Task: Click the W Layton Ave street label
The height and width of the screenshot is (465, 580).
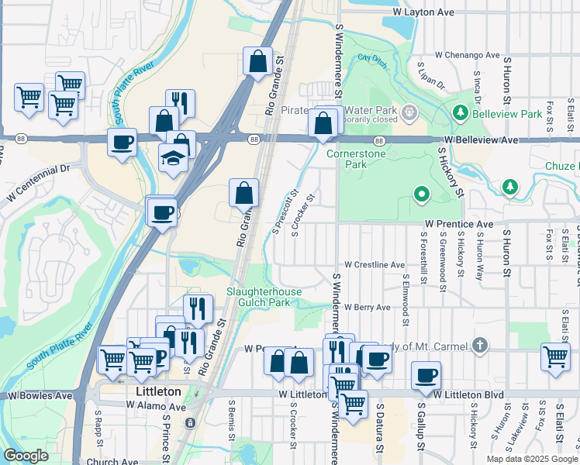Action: (423, 12)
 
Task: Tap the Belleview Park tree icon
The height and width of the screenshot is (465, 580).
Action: (460, 114)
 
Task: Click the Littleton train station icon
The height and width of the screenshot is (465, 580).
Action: (190, 423)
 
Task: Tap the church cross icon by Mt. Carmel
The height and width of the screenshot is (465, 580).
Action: (480, 345)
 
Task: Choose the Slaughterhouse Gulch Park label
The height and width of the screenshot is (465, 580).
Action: (264, 297)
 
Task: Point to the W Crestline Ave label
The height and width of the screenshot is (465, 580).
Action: (375, 264)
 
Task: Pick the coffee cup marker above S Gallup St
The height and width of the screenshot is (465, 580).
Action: (426, 376)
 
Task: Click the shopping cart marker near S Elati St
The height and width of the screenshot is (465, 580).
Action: (555, 356)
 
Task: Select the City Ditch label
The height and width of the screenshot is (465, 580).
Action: (371, 58)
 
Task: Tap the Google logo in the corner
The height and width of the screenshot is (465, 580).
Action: (26, 456)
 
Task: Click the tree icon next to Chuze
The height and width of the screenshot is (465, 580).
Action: (510, 187)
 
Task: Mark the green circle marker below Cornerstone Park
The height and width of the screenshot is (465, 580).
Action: (421, 194)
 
